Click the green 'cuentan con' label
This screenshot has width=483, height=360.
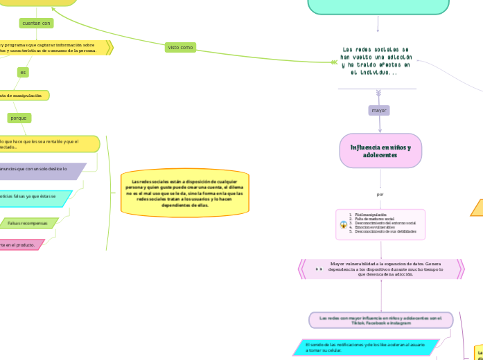pos(37,23)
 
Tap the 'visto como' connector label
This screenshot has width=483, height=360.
pos(180,47)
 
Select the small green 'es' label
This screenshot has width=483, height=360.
pos(23,72)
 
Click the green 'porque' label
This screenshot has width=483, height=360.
pos(19,118)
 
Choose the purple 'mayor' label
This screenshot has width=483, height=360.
pos(379,110)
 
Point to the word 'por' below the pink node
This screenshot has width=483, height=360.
pos(380,194)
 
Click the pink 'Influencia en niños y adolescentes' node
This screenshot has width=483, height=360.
pos(380,151)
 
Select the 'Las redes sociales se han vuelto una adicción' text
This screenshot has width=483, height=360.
pos(378,61)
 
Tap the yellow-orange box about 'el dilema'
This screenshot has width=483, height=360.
pos(184,192)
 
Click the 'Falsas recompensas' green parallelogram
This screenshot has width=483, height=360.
pos(28,224)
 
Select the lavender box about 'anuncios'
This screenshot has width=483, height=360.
pos(38,168)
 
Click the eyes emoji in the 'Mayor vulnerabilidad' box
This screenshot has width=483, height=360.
pos(319,269)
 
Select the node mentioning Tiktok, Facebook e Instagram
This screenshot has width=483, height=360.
pos(381,320)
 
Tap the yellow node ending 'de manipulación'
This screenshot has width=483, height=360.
pos(21,95)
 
